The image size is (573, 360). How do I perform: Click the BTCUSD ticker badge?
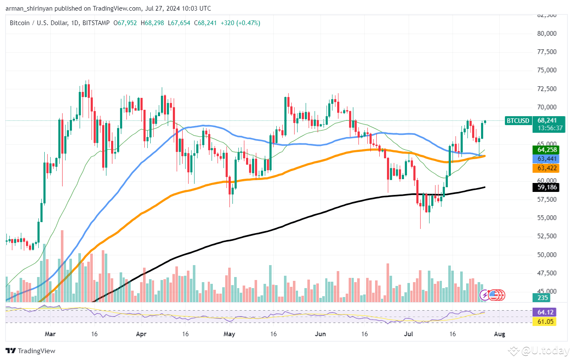click(x=518, y=121)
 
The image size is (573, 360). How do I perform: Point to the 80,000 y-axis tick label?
click(x=547, y=33)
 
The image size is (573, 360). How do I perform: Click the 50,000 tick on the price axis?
click(x=547, y=254)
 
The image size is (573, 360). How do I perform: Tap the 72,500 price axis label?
click(x=547, y=89)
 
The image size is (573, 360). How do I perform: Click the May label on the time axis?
click(x=229, y=334)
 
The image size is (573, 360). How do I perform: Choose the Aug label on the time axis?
click(x=500, y=334)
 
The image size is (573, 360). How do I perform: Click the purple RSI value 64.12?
click(x=544, y=312)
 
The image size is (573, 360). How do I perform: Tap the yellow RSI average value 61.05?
click(x=544, y=322)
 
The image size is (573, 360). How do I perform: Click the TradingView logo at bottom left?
click(x=30, y=351)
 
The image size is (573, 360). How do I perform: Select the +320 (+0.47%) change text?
click(x=241, y=23)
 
